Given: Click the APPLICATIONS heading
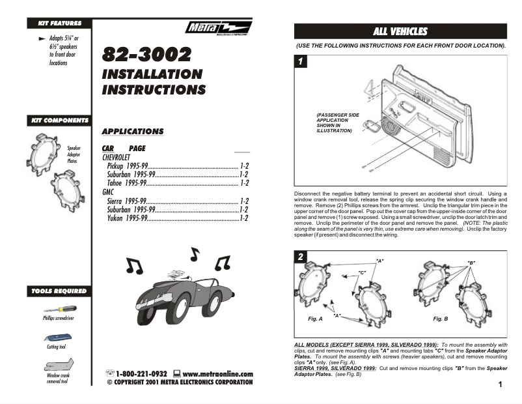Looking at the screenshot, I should pyautogui.click(x=133, y=132).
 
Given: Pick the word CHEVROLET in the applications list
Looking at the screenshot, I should pyautogui.click(x=117, y=158).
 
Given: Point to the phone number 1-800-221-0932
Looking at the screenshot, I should pyautogui.click(x=142, y=374).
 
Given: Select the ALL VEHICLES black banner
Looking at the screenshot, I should pyautogui.click(x=400, y=31).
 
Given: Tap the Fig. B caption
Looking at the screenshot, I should pyautogui.click(x=441, y=319).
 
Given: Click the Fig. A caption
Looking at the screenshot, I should pyautogui.click(x=316, y=319).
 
